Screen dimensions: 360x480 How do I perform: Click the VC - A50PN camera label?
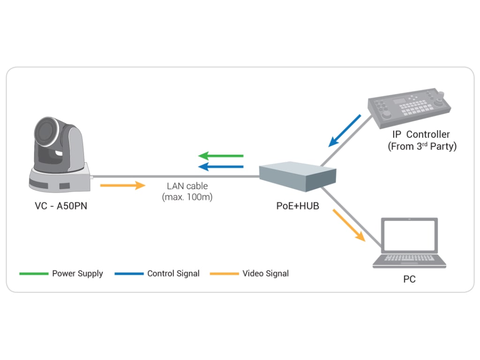pyautogui.click(x=60, y=205)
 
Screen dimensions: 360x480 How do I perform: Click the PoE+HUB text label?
pyautogui.click(x=298, y=205)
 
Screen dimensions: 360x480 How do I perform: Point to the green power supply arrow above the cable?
pyautogui.click(x=221, y=155)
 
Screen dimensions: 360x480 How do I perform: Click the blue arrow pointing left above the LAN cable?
pyautogui.click(x=221, y=166)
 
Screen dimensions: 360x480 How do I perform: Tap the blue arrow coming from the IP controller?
pyautogui.click(x=345, y=130)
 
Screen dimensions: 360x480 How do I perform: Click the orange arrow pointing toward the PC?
pyautogui.click(x=349, y=225)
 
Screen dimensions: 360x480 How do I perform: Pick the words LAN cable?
pyautogui.click(x=187, y=186)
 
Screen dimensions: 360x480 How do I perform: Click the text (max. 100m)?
pyautogui.click(x=187, y=197)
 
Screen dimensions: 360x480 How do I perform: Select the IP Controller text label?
pyautogui.click(x=421, y=135)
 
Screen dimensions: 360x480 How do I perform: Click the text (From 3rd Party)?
pyautogui.click(x=422, y=146)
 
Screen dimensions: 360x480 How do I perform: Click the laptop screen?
pyautogui.click(x=409, y=236)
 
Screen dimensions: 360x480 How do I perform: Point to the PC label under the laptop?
pyautogui.click(x=409, y=279)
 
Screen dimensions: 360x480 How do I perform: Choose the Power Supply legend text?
pyautogui.click(x=77, y=273)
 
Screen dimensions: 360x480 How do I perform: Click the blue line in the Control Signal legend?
pyautogui.click(x=129, y=273)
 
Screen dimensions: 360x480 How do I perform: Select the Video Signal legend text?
pyautogui.click(x=265, y=273)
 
